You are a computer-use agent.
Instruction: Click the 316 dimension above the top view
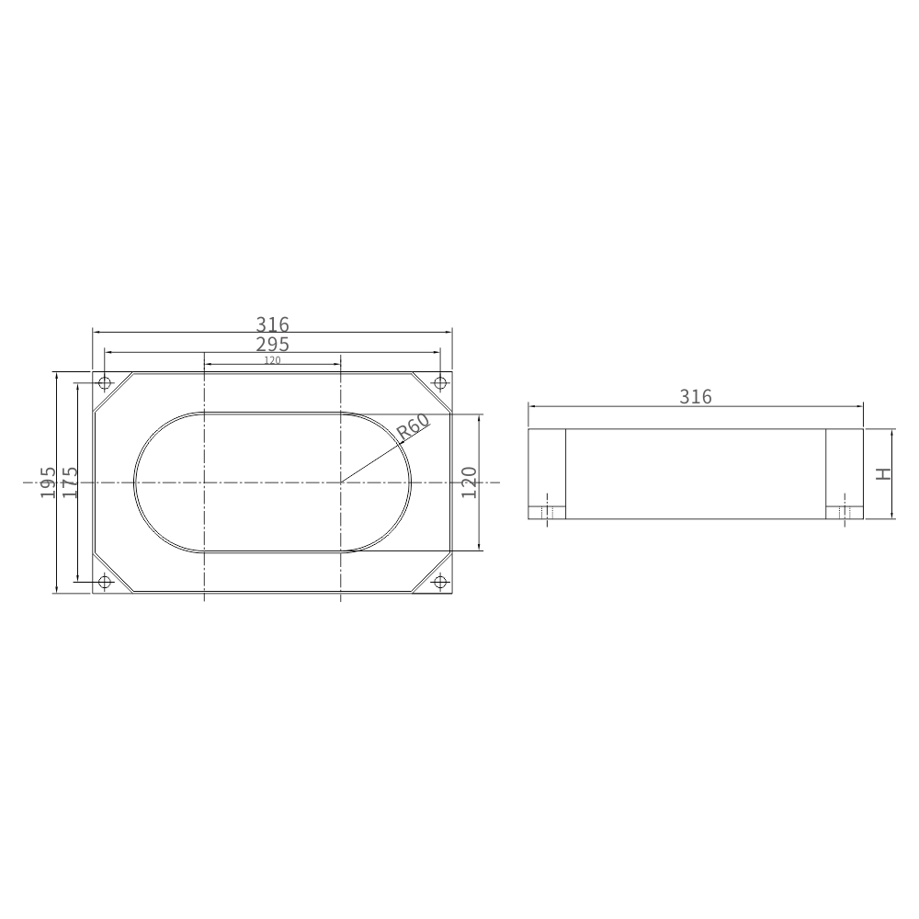(272, 324)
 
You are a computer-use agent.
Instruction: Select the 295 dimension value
(272, 345)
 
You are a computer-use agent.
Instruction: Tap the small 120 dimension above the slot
(272, 360)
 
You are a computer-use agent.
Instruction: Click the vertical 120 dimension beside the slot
(469, 482)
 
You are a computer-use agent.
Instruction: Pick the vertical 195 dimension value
(49, 482)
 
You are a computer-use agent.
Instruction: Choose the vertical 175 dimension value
(70, 482)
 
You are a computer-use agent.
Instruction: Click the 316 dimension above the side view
(696, 397)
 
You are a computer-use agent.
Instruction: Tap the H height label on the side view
(883, 474)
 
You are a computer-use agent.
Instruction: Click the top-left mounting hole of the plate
(105, 382)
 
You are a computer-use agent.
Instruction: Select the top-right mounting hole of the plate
(440, 382)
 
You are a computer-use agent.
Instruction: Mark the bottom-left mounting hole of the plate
(105, 582)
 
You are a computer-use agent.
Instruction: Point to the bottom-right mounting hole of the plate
(440, 582)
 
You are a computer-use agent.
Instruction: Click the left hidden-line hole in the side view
(547, 512)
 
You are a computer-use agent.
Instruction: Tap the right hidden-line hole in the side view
(845, 512)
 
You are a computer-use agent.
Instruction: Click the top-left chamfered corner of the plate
(113, 391)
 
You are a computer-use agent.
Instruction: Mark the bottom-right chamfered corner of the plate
(431, 573)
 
